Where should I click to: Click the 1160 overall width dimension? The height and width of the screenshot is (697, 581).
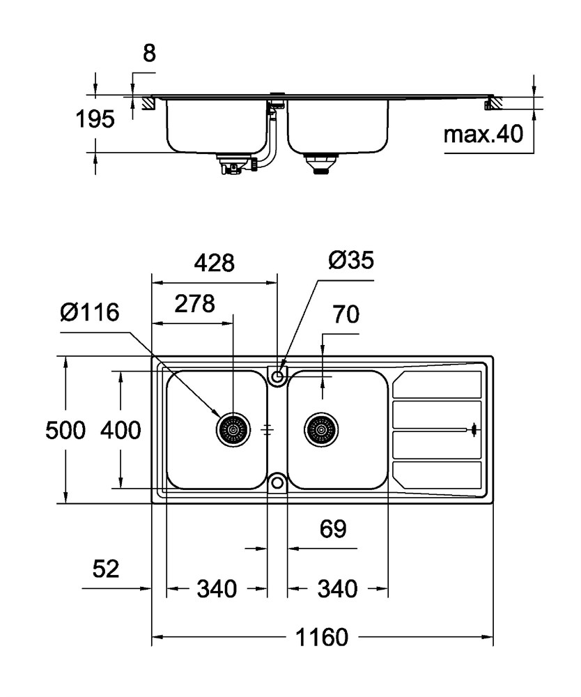click(322, 637)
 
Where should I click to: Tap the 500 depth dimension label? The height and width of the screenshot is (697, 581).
click(65, 430)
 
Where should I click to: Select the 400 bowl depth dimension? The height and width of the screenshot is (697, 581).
click(121, 430)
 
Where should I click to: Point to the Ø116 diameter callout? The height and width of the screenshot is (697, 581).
click(90, 312)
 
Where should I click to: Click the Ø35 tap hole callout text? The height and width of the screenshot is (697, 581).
click(351, 259)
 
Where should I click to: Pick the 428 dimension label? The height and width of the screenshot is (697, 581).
click(214, 263)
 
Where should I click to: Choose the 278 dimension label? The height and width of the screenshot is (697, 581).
click(194, 304)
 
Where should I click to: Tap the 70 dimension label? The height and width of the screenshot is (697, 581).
click(346, 314)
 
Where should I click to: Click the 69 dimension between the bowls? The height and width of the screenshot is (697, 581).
click(333, 528)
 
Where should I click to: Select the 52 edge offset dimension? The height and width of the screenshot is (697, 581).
click(106, 569)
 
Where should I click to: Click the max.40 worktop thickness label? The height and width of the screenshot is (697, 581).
click(483, 133)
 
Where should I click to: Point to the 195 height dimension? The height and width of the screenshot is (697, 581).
click(95, 118)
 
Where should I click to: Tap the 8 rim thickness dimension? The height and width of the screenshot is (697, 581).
click(150, 54)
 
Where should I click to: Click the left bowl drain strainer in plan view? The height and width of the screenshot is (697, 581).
click(233, 430)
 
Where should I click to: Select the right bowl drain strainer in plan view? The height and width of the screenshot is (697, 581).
click(321, 430)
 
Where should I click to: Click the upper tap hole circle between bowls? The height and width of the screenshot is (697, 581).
click(278, 376)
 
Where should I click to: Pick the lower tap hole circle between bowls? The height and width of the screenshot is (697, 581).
click(278, 482)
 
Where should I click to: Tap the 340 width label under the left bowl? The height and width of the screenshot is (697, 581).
click(217, 589)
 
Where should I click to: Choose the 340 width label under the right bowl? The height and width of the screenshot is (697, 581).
click(338, 589)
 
